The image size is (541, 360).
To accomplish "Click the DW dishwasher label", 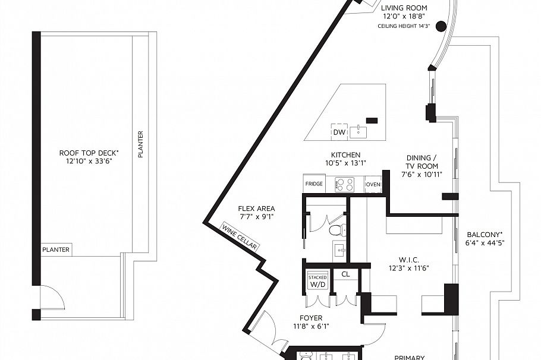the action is point(339,132).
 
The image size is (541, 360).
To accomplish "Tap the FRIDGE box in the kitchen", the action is point(314,184).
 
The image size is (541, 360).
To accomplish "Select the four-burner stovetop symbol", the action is point(345,184).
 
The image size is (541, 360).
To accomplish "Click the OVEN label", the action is point(373,185).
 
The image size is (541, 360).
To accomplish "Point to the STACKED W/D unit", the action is point(318,281).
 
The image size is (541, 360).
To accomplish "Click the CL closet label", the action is point(345,274).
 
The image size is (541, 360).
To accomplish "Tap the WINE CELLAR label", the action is point(240,237).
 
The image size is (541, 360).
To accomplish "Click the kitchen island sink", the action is point(358,132).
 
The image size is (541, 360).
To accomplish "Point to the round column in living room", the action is point(441,26).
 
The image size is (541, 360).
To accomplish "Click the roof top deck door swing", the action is point(52,296).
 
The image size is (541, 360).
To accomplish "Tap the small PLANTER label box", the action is point(56,250).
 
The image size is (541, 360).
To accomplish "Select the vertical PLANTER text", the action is point(140,144).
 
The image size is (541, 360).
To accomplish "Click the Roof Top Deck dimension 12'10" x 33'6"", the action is point(89,160).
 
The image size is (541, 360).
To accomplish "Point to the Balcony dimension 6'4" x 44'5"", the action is point(485,243).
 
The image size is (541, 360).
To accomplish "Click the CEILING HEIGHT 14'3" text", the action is point(404,26).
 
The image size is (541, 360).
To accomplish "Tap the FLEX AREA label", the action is point(256,209).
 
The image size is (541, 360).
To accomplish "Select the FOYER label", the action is point(311,318).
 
